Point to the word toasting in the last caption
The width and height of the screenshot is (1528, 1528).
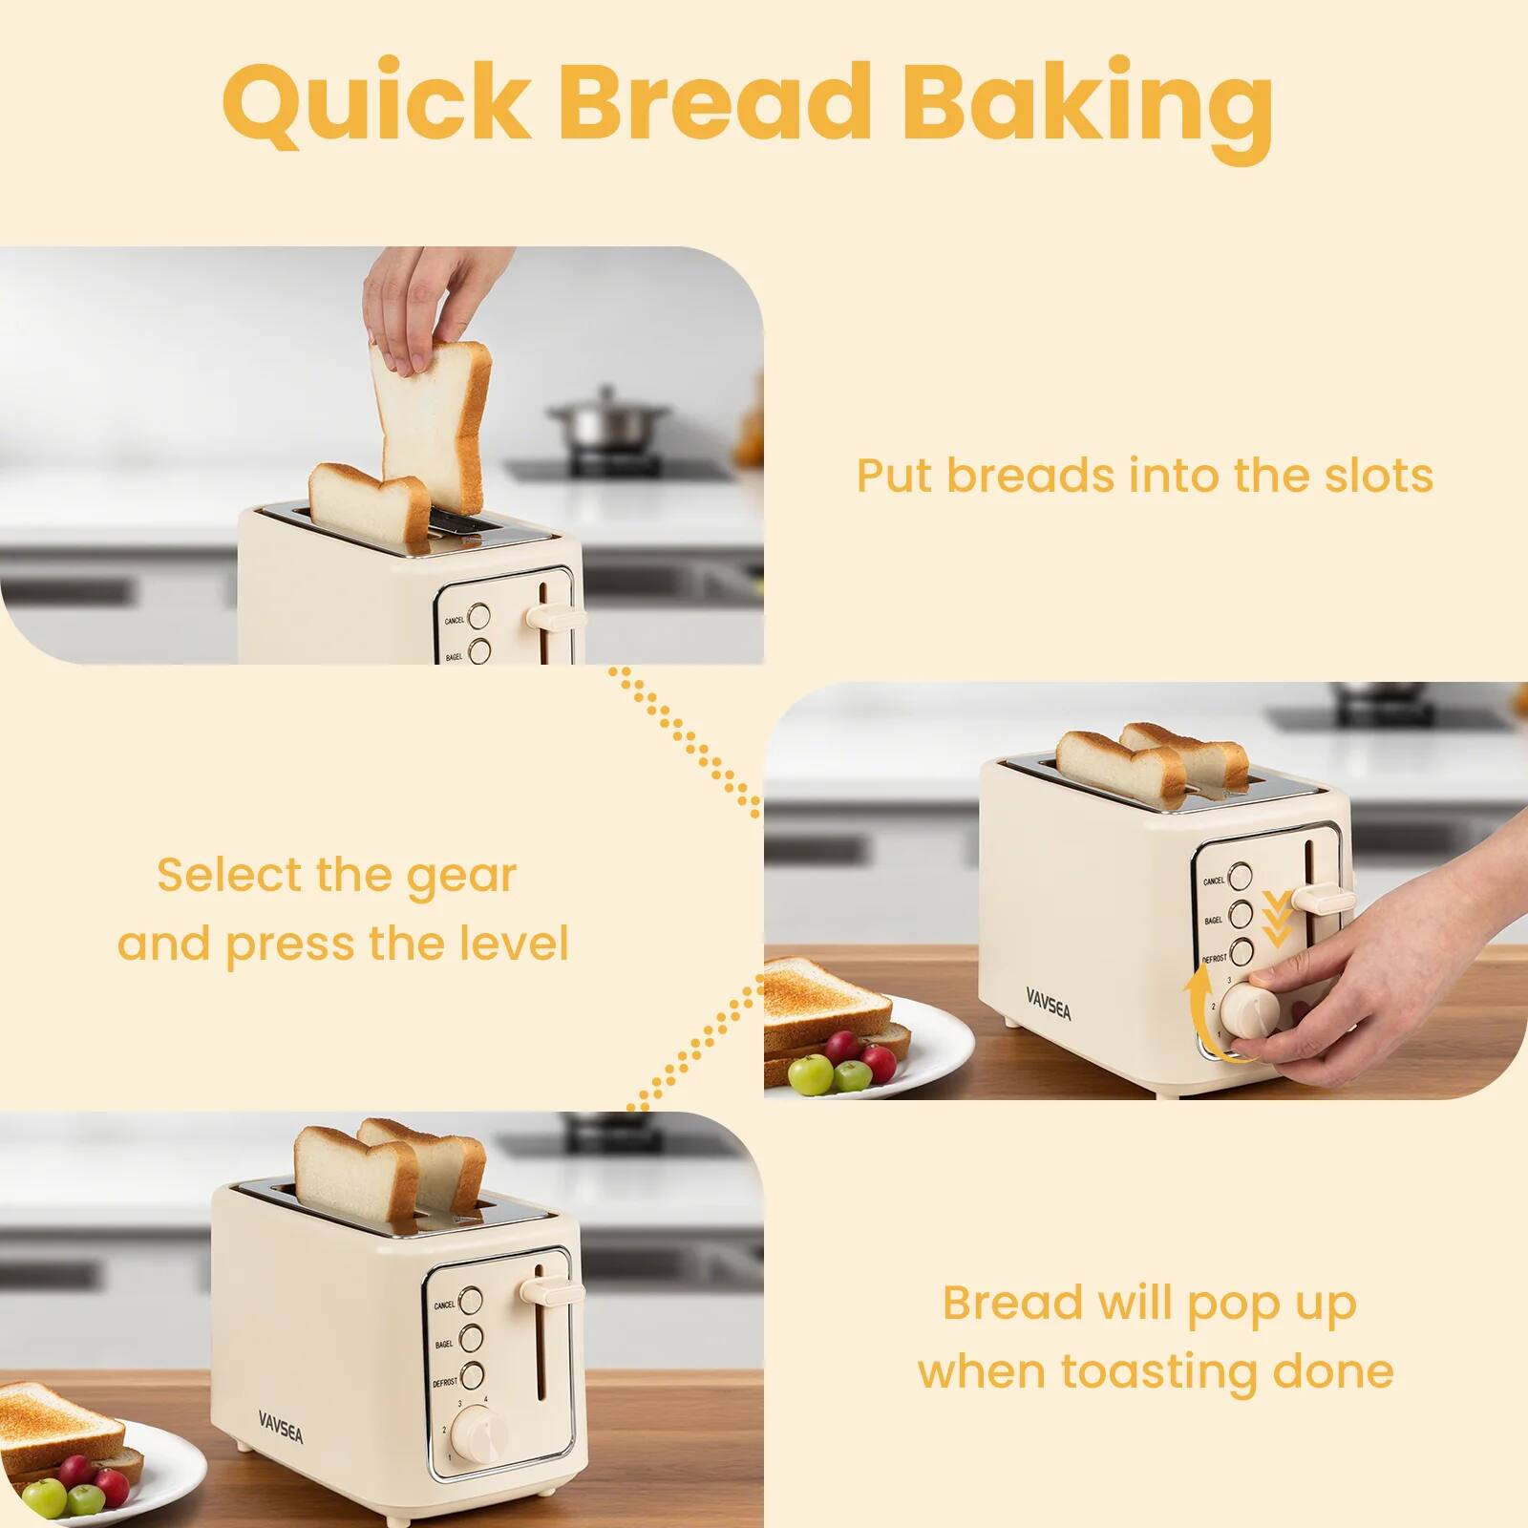[x=1158, y=1372]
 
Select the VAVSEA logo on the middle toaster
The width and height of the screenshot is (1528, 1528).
[x=1049, y=1003]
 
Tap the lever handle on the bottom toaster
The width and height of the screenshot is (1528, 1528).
[x=551, y=1293]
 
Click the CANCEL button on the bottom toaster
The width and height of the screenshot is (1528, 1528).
[x=471, y=1300]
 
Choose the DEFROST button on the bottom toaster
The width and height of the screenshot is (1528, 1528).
[x=471, y=1376]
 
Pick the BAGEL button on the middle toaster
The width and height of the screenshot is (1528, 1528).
[x=1241, y=914]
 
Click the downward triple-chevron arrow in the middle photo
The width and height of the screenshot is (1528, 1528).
[x=1277, y=918]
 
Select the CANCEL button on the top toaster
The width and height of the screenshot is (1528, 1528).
[x=479, y=616]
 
